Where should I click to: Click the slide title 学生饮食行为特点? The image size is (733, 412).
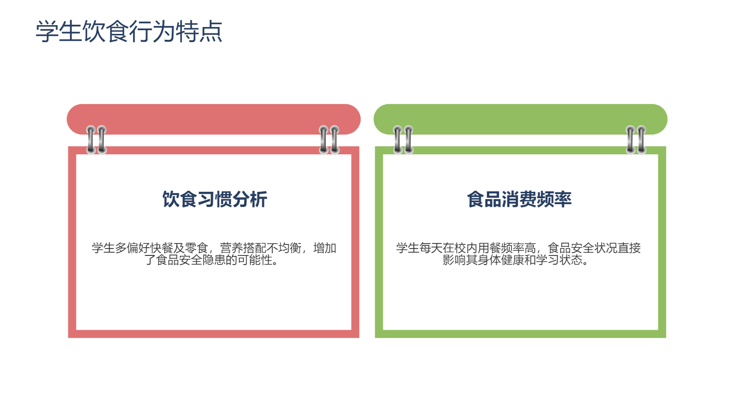tap(129, 32)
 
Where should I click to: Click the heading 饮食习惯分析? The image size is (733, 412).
tap(215, 199)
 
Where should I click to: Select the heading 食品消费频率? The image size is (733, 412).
tap(520, 199)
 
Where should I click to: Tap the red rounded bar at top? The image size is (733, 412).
tap(213, 119)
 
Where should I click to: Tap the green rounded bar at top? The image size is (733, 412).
tap(520, 119)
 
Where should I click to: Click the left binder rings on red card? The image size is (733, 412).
tap(96, 140)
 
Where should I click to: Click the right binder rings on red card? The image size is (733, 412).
tap(329, 140)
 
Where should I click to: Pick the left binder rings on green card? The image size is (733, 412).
tap(403, 140)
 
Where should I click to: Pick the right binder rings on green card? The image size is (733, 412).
tap(636, 140)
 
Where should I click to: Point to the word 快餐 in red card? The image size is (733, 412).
tap(162, 248)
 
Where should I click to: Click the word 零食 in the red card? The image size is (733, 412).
tap(197, 248)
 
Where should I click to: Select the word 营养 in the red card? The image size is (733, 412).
tap(232, 248)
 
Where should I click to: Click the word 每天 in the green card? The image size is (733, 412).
tap(431, 248)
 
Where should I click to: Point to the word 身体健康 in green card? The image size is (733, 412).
tap(501, 260)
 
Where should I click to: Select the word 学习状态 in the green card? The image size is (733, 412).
tap(559, 260)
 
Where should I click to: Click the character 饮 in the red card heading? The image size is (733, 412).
tap(171, 199)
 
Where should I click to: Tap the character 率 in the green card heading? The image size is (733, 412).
tap(563, 199)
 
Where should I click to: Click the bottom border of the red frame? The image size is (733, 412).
tap(213, 334)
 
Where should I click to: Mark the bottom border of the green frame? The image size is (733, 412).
tap(520, 334)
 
